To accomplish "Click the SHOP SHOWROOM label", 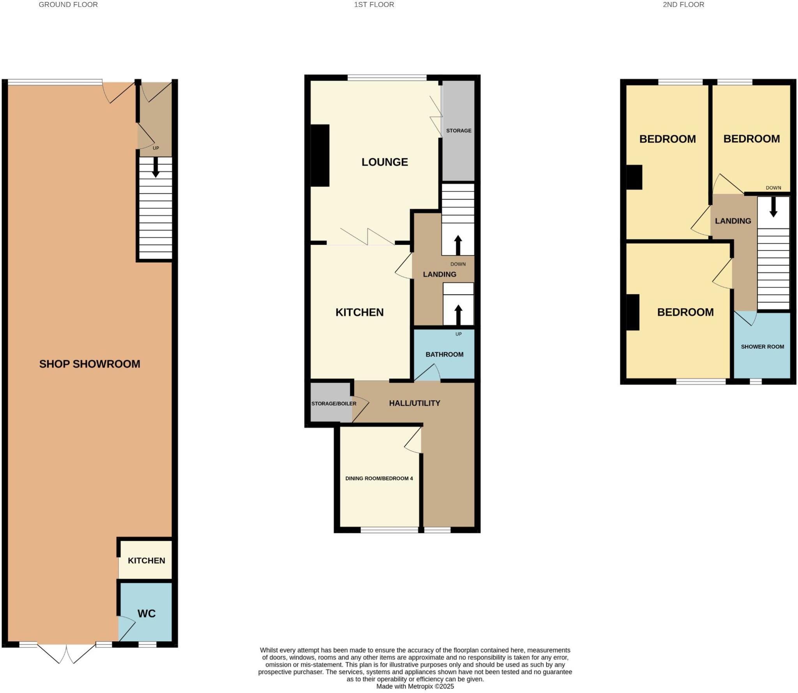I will (x=90, y=364).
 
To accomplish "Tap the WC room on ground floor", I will (x=146, y=613).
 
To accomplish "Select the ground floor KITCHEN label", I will (x=147, y=560).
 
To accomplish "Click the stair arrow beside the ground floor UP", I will (x=155, y=167).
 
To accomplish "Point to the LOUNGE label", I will (x=385, y=162).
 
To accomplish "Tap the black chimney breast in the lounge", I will (x=320, y=155).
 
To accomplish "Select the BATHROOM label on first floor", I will (x=444, y=354).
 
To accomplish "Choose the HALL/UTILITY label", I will (x=415, y=403).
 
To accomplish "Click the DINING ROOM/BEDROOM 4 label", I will (x=379, y=478).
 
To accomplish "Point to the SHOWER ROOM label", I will (x=762, y=346).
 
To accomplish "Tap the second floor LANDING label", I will (x=733, y=221).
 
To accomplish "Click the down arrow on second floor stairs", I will (x=773, y=207).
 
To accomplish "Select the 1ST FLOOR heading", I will (x=374, y=5).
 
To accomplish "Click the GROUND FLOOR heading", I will (x=68, y=5).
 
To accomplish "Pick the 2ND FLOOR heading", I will (x=683, y=5).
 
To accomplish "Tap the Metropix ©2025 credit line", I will (x=415, y=686).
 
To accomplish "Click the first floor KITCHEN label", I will (x=359, y=312).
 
